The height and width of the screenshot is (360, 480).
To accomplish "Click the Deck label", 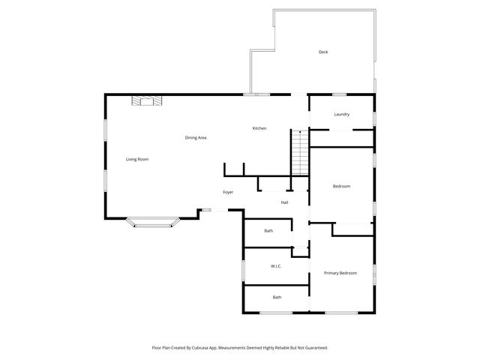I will click(323, 52).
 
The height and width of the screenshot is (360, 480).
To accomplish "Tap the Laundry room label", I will click(342, 114).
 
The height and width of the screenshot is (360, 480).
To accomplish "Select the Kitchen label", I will click(259, 128).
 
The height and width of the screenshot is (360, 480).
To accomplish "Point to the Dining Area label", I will click(196, 137).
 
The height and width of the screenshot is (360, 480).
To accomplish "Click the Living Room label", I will click(137, 159).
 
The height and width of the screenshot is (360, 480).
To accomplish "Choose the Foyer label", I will click(228, 192).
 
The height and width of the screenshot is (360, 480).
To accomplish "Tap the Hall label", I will click(285, 202).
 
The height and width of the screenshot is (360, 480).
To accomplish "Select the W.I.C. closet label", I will click(275, 266).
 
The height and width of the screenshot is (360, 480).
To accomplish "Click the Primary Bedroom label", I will click(340, 273).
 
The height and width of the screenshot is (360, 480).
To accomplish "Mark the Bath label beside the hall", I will click(268, 230).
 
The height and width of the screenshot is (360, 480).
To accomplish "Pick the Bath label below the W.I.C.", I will click(277, 297).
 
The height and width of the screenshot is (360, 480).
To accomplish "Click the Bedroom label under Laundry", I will click(342, 186).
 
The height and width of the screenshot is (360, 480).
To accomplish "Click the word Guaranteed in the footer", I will click(312, 347).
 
